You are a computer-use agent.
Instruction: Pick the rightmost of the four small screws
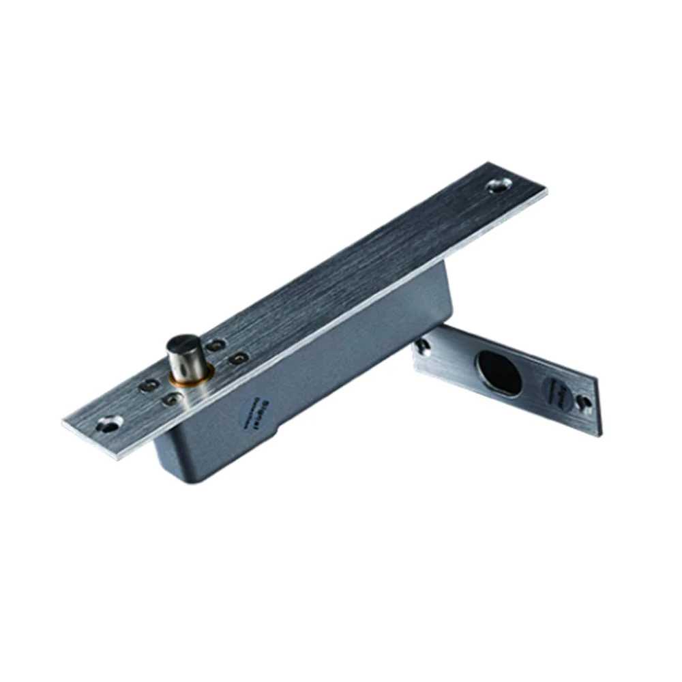[237, 357]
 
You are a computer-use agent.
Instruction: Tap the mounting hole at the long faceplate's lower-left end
[109, 426]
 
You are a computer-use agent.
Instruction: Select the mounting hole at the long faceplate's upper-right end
[500, 184]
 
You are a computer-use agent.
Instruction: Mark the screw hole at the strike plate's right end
[583, 402]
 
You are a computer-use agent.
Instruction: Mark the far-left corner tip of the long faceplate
[63, 424]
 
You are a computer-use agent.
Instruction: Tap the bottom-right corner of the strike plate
[599, 434]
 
